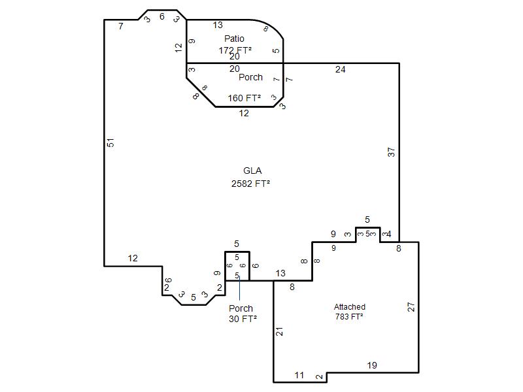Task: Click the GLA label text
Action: [x=252, y=171]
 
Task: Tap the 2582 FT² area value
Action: [x=250, y=184]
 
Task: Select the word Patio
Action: [x=234, y=39]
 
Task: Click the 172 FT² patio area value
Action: [x=235, y=50]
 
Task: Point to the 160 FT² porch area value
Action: [x=244, y=98]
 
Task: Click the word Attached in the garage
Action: [x=350, y=306]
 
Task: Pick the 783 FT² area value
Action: [x=349, y=316]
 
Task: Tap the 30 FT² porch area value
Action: [x=243, y=319]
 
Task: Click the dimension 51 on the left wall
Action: [x=110, y=142]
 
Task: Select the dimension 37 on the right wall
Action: [x=391, y=152]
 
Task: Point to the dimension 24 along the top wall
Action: [x=340, y=69]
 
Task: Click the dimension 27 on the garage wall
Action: [x=411, y=306]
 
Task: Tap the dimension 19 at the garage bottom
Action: [x=372, y=365]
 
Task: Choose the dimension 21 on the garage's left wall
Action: [x=280, y=331]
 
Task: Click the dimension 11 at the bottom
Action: [x=299, y=375]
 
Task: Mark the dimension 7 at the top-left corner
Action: [x=121, y=26]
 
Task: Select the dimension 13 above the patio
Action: [x=218, y=25]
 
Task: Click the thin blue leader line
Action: [x=239, y=288]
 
